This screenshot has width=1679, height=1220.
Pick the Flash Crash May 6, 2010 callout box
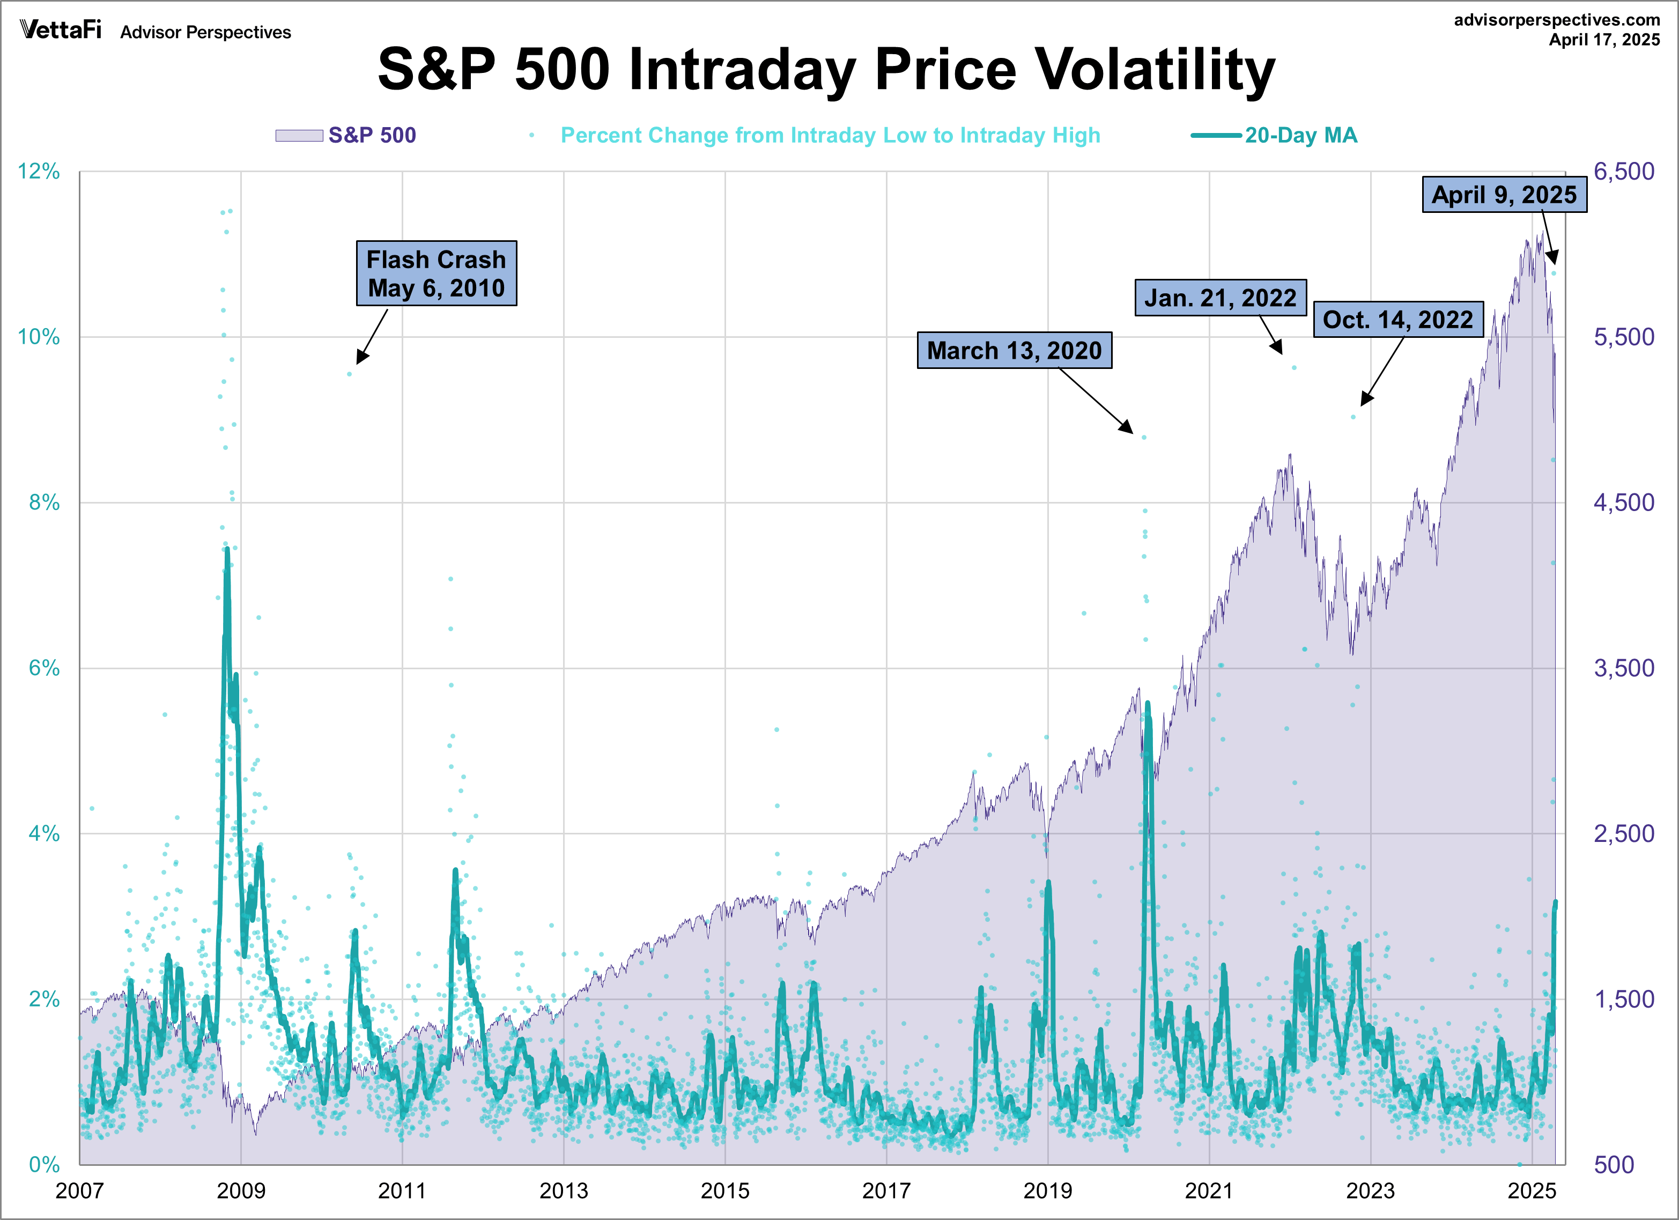pos(436,273)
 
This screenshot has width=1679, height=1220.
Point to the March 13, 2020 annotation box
pos(1014,350)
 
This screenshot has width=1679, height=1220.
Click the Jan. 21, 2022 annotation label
pos(1220,298)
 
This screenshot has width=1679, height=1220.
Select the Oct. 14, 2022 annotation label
pos(1397,319)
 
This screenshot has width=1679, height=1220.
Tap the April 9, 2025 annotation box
pos(1504,195)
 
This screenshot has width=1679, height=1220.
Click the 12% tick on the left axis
pos(39,172)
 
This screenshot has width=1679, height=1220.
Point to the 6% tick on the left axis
pos(43,669)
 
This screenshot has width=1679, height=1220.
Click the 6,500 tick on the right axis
pos(1623,172)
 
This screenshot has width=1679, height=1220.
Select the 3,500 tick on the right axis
pos(1623,669)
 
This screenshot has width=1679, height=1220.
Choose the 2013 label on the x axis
pos(564,1191)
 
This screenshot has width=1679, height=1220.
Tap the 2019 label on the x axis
pos(1047,1191)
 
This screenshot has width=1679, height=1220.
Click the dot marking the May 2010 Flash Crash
pos(350,374)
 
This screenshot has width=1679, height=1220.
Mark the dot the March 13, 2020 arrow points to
pos(1144,438)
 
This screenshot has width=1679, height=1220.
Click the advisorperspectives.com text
pos(1556,20)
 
